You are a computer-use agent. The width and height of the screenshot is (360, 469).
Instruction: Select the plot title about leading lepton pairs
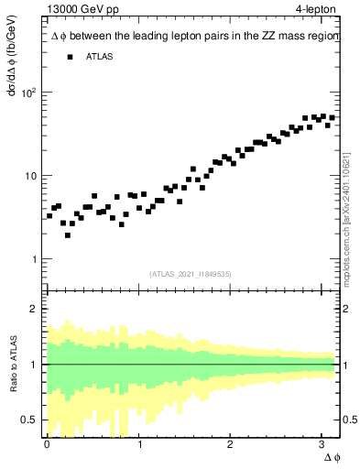(194, 36)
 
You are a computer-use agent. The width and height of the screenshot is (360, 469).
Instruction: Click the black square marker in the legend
(70, 57)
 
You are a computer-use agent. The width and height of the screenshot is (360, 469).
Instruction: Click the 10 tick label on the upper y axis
(29, 176)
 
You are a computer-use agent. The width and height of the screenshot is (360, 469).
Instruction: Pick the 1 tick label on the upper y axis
(33, 259)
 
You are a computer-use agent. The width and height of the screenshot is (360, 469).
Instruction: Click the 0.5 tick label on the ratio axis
(29, 420)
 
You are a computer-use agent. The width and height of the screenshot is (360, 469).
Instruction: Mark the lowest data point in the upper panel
(68, 235)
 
